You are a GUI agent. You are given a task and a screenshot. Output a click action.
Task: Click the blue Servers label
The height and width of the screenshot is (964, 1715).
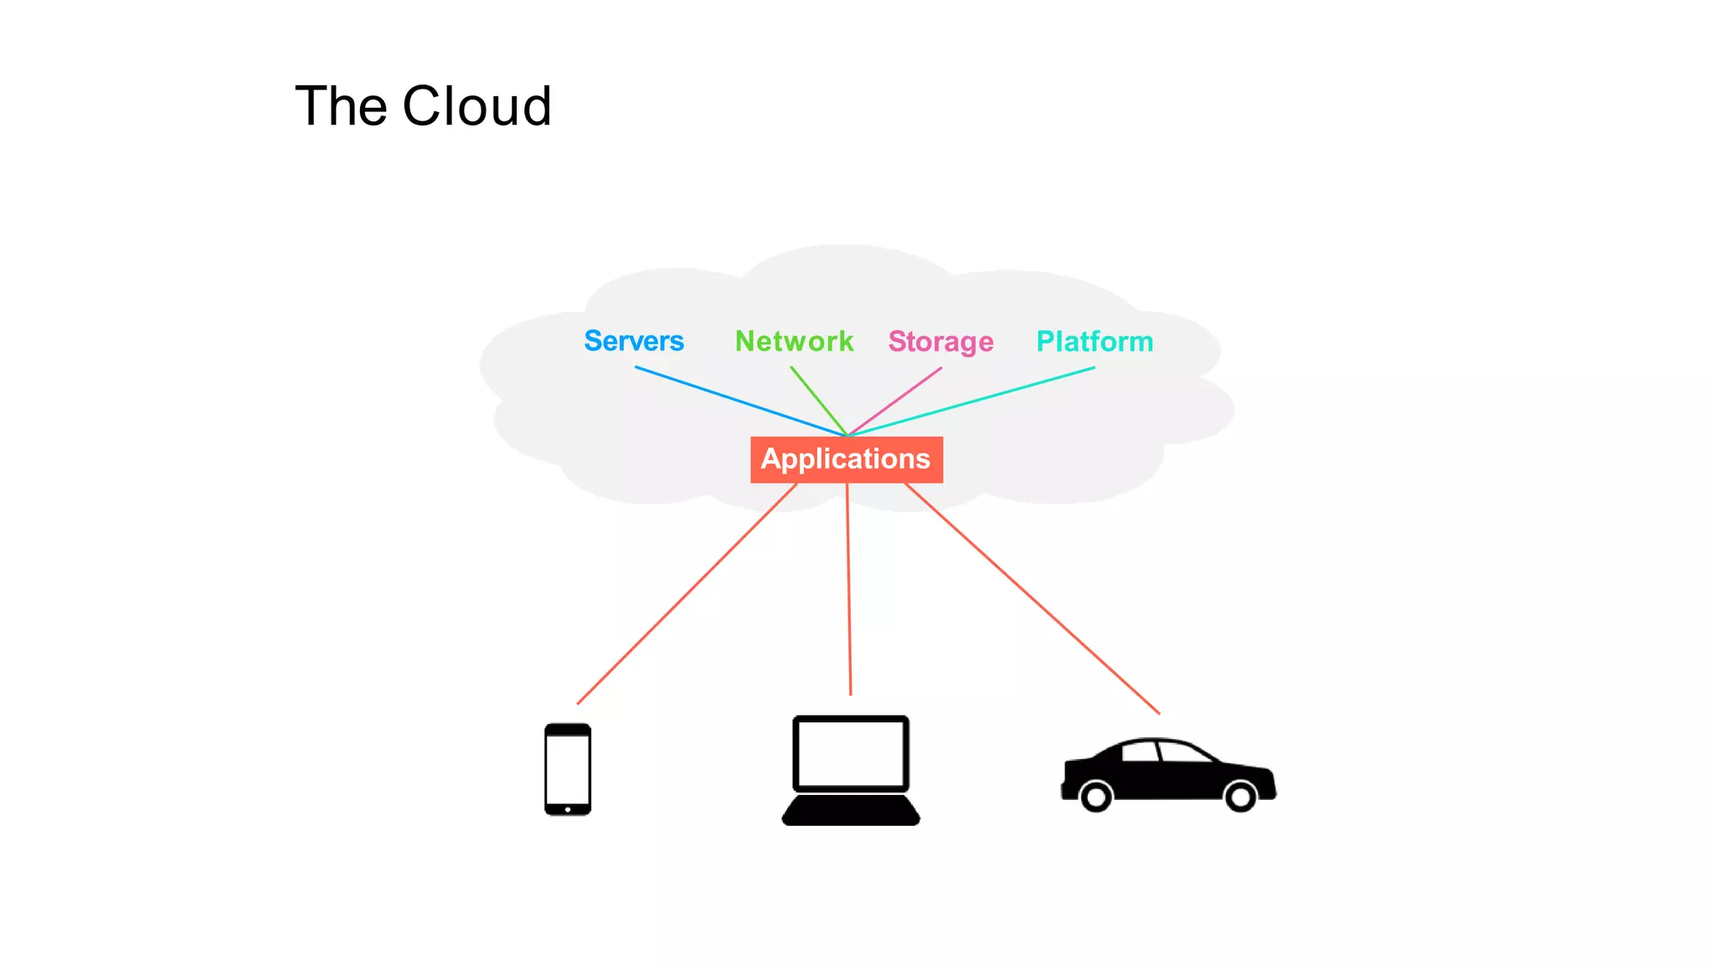634,341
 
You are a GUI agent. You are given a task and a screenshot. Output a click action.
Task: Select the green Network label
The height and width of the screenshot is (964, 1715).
794,341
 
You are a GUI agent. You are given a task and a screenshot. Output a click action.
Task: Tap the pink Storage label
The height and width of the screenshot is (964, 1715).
940,341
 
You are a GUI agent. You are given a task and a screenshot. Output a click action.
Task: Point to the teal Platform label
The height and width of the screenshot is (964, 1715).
1094,341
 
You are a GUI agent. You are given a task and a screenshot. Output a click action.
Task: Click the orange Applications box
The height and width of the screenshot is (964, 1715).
847,459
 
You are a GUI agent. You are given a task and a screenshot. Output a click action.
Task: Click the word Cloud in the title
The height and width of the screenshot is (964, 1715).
476,106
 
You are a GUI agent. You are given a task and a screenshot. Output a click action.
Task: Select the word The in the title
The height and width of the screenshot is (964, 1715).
341,106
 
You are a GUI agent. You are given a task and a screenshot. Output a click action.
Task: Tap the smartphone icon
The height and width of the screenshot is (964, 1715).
568,769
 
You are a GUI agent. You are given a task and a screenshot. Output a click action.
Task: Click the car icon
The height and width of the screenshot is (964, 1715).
1168,774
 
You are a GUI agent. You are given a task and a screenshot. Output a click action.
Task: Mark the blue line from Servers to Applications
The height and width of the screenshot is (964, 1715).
740,402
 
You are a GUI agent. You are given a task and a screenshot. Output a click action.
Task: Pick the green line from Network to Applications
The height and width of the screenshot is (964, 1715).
818,401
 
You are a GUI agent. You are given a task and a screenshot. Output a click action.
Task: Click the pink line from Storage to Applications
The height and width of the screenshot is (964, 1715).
894,402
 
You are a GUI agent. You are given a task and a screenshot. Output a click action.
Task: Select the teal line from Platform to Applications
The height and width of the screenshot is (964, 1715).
971,402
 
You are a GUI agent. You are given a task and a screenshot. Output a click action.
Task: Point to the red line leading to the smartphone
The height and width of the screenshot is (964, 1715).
687,593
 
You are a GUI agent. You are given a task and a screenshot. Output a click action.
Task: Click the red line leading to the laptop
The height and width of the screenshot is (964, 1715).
848,590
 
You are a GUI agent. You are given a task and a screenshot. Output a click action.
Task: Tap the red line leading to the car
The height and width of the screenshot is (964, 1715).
1032,598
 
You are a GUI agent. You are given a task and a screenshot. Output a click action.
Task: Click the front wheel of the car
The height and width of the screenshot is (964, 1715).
1240,796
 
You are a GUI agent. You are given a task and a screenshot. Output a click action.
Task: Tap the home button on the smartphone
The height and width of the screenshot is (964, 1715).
568,809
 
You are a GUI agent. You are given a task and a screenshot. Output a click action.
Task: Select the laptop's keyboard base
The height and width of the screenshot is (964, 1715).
851,811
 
